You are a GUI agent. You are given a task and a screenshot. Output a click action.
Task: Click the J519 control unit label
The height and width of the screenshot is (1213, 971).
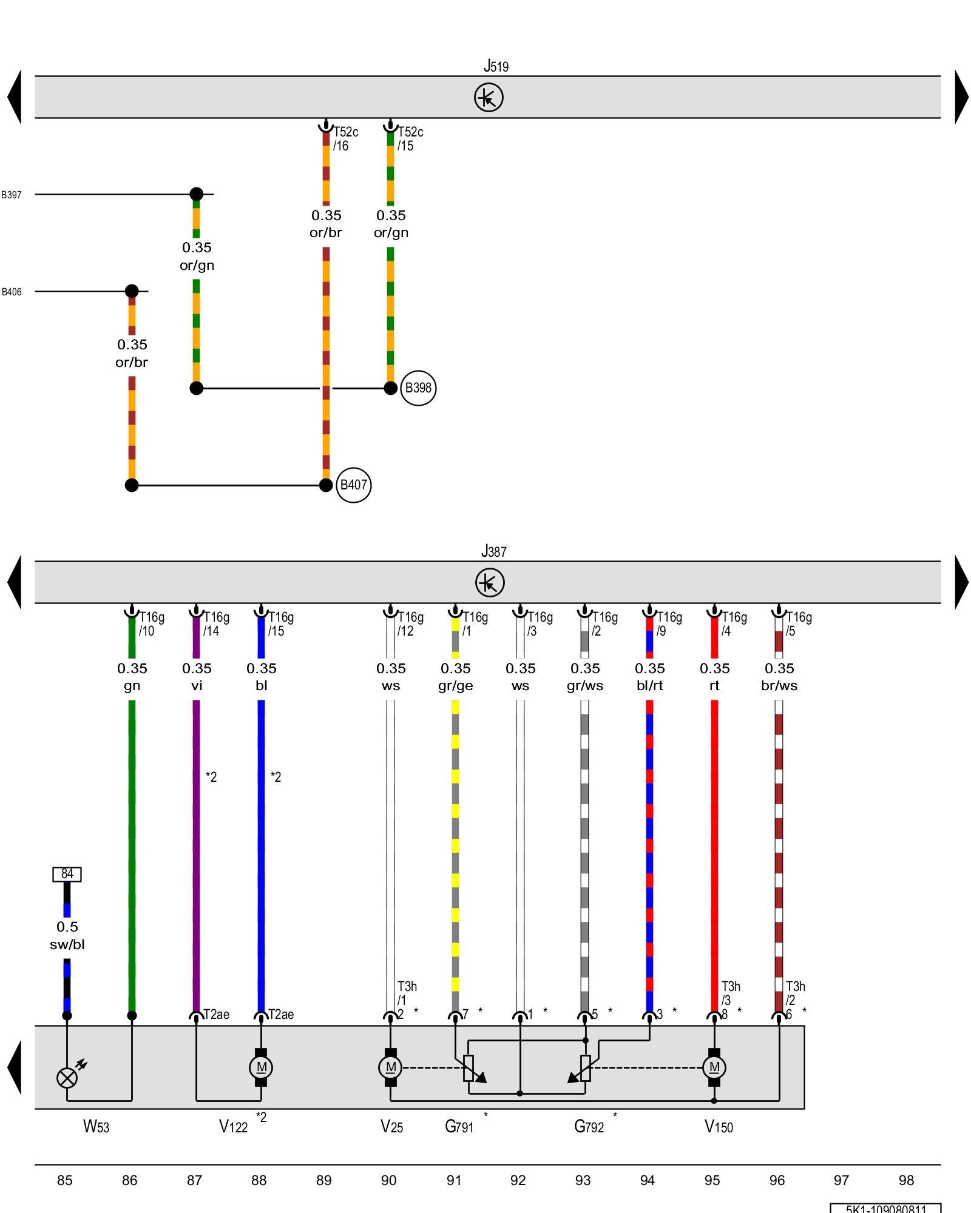(496, 66)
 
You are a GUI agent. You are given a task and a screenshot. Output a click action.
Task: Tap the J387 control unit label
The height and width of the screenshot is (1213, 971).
(493, 551)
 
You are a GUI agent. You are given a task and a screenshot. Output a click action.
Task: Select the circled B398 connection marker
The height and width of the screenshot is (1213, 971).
(418, 388)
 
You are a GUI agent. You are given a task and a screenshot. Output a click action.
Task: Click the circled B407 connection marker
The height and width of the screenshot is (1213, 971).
(353, 485)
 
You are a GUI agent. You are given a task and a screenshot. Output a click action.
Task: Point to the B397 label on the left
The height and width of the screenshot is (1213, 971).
(12, 195)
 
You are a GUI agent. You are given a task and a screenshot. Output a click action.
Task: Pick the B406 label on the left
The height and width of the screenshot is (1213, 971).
(12, 292)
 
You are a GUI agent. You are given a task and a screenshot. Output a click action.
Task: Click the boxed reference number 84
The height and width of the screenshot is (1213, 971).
(67, 874)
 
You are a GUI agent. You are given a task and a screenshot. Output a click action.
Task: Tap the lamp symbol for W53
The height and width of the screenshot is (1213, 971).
(67, 1078)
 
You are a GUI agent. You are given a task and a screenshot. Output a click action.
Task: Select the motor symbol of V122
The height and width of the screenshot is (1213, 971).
(261, 1067)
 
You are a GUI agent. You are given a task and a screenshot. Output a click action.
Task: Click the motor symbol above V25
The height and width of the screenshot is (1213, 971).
(390, 1067)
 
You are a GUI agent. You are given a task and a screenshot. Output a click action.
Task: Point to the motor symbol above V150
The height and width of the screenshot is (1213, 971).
(714, 1067)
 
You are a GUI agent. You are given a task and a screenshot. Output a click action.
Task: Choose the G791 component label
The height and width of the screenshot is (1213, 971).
(459, 1126)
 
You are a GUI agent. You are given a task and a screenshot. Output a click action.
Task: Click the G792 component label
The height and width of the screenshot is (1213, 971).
(589, 1126)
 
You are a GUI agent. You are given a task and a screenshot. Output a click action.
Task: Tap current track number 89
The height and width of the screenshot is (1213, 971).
(324, 1180)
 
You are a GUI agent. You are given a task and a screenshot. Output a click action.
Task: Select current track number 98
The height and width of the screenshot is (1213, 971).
(906, 1180)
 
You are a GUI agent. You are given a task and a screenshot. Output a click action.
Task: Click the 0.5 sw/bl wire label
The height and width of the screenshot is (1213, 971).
(67, 935)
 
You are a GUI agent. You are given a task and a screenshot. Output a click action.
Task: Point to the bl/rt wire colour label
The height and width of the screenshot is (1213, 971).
(649, 685)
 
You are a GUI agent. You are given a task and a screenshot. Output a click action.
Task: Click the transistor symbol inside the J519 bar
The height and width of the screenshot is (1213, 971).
(489, 97)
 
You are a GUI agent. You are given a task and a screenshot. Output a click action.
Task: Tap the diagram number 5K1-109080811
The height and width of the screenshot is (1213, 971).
(885, 1208)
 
